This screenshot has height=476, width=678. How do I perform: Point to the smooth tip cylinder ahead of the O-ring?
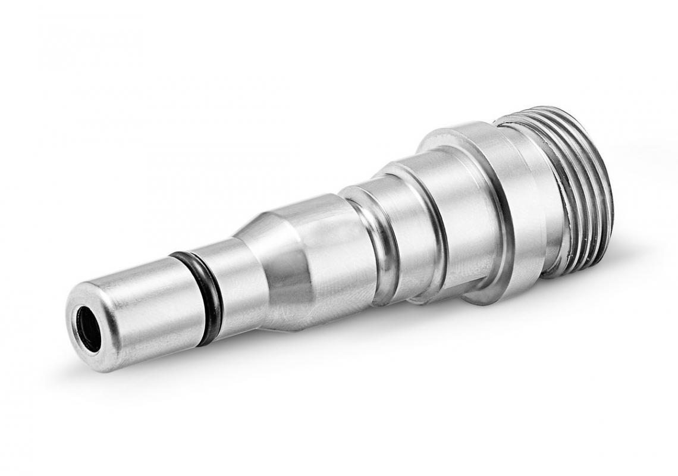(x=143, y=309)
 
